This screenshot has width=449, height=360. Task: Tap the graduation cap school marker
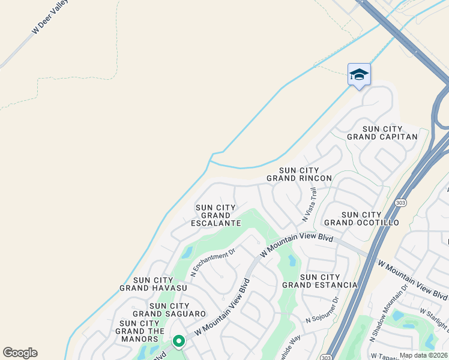coord(359,75)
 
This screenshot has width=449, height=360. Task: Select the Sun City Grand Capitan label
coord(382,133)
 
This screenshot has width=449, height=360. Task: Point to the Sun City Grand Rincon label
coord(299,175)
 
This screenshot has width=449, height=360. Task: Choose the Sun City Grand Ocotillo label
coord(370,218)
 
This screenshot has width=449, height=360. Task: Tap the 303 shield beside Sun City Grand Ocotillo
coord(400,203)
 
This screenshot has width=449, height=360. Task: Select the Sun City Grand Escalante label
coord(215,215)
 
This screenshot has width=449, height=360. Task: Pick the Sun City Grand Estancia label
coord(320,281)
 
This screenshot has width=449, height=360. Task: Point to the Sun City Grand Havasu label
coord(153,284)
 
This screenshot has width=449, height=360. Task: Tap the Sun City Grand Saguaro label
coord(169,310)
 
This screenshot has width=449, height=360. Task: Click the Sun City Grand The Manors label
coord(140,331)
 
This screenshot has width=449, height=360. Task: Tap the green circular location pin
coord(179,341)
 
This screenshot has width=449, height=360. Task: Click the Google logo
coord(20,353)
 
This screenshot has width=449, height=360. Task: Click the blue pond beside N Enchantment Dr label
coord(187,253)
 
